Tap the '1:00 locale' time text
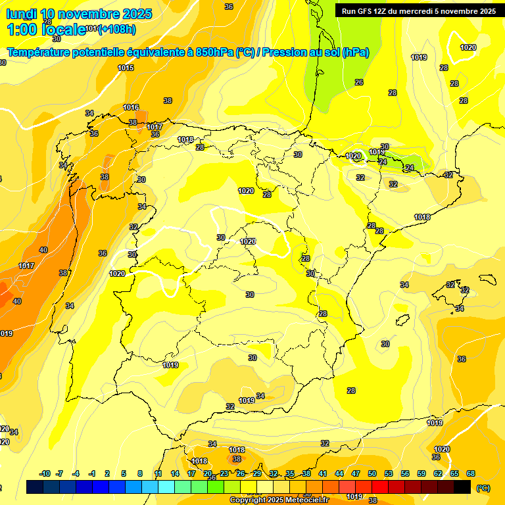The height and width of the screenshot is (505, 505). tap(46, 30)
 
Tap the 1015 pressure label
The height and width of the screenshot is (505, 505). tap(126, 68)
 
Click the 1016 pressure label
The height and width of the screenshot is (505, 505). tap(131, 107)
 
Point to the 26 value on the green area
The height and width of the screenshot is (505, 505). tap(359, 82)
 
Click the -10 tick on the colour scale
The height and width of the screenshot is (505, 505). tap(45, 473)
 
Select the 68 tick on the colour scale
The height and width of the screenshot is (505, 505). tap(471, 473)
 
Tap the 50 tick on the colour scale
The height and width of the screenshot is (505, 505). tap(372, 473)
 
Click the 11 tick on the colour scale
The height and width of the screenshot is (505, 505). tap(158, 473)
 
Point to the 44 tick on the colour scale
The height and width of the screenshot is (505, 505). tap(339, 473)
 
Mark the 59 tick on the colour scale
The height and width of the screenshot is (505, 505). tap(421, 473)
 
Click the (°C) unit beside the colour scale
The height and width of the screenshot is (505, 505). tap(483, 488)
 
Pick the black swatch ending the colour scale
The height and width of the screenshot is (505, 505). tap(463, 487)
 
